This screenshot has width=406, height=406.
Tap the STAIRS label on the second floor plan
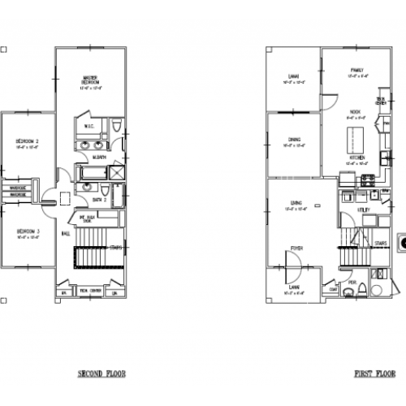tap(115, 247)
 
